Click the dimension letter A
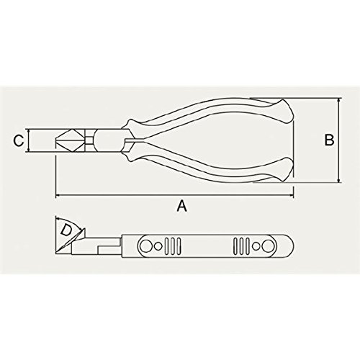pos(181,206)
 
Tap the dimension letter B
pos(329,140)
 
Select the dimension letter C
pos(19,140)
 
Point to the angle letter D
pos(66,230)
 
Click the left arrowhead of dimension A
pos(58,196)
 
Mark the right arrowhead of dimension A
pos(292,196)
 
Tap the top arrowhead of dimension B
pos(338,100)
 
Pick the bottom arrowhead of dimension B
pos(338,180)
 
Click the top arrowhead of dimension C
pos(29,131)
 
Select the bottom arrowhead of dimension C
pos(29,150)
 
